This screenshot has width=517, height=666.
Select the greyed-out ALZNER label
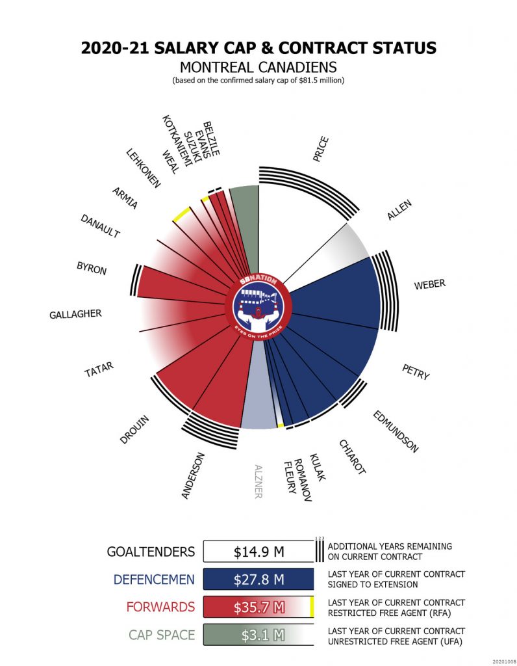[x=258, y=481]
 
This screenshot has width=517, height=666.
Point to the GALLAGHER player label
[x=75, y=315]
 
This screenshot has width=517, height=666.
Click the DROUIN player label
[x=134, y=430]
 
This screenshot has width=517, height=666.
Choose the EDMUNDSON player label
[x=395, y=431]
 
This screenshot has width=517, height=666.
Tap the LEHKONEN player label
[x=143, y=168]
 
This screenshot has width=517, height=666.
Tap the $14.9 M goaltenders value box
[x=258, y=552]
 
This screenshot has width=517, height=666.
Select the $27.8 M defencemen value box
[x=258, y=579]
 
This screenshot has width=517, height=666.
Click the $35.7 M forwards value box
[x=258, y=607]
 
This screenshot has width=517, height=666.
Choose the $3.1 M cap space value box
[x=258, y=634]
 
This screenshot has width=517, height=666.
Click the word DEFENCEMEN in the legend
[x=154, y=579]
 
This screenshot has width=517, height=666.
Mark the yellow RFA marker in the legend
[x=312, y=607]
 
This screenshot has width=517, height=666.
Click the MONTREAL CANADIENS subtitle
[x=258, y=67]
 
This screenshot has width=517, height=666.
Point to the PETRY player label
[x=416, y=372]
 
